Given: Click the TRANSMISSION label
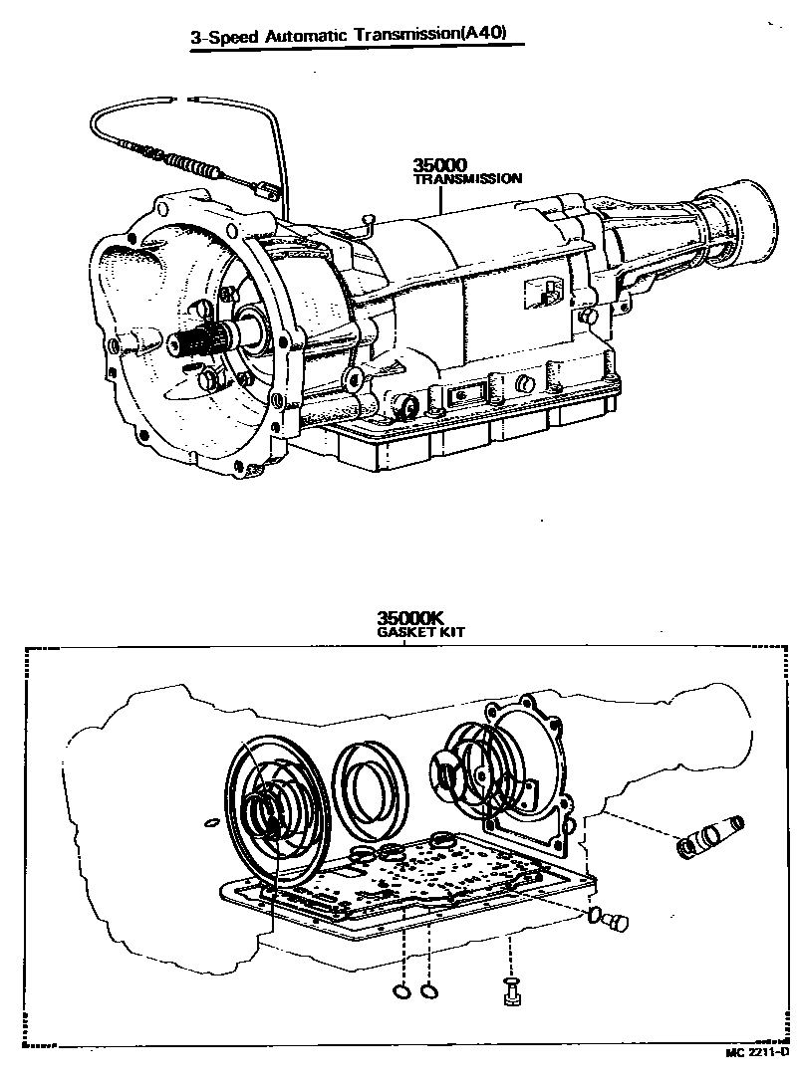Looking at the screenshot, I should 467,180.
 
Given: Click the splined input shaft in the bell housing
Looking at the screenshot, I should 198,342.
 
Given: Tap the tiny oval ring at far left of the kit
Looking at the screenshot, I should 208,823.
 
